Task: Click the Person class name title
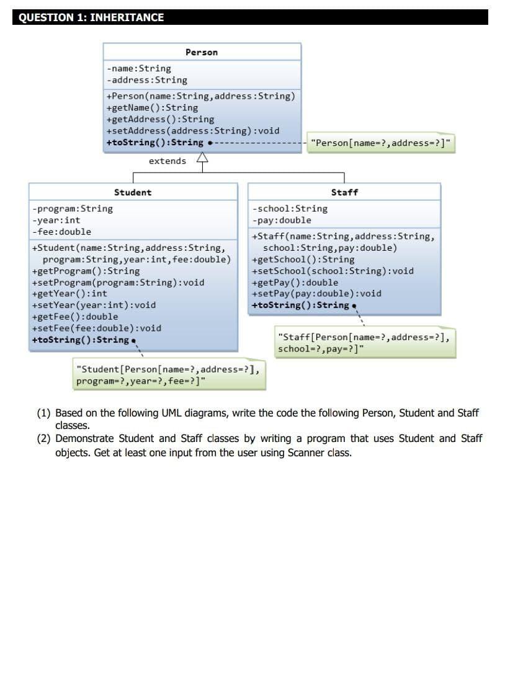pyautogui.click(x=202, y=53)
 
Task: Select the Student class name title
pyautogui.click(x=133, y=192)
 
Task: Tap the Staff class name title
pyautogui.click(x=344, y=192)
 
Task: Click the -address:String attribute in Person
pyautogui.click(x=146, y=80)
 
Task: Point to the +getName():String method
pyautogui.click(x=152, y=107)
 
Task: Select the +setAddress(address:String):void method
pyautogui.click(x=193, y=130)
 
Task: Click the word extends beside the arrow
pyautogui.click(x=168, y=161)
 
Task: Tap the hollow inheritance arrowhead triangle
pyautogui.click(x=202, y=159)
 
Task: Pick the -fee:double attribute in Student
pyautogui.click(x=61, y=232)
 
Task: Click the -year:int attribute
pyautogui.click(x=56, y=220)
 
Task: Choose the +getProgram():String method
pyautogui.click(x=86, y=271)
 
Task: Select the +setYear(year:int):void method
pyautogui.click(x=93, y=305)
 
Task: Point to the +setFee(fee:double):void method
pyautogui.click(x=96, y=328)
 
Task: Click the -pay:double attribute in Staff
pyautogui.click(x=282, y=220)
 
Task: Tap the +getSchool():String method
pyautogui.click(x=303, y=259)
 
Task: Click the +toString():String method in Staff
pyautogui.click(x=300, y=305)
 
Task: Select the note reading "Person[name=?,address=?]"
pyautogui.click(x=381, y=143)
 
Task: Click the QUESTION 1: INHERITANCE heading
pyautogui.click(x=91, y=17)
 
